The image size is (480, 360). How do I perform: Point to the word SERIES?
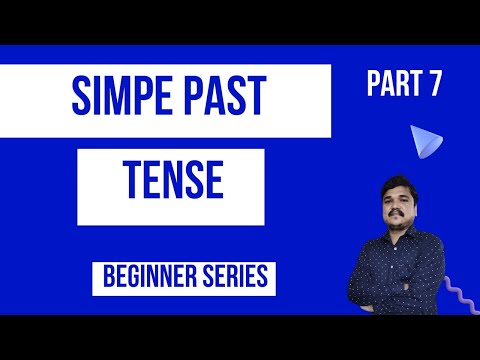pyautogui.click(x=231, y=277)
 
